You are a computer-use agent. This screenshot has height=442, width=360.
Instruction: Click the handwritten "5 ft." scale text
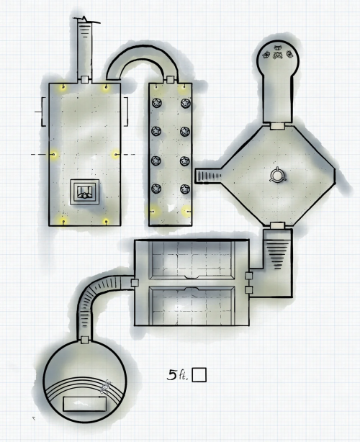click(x=177, y=374)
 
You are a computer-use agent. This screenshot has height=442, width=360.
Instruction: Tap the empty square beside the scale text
click(x=199, y=375)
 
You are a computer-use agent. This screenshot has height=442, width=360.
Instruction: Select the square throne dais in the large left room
click(x=84, y=192)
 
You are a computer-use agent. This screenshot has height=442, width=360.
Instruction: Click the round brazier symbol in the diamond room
click(x=278, y=176)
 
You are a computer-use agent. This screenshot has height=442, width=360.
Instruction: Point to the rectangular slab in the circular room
click(x=85, y=404)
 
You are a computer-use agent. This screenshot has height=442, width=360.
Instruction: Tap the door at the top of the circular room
click(x=84, y=340)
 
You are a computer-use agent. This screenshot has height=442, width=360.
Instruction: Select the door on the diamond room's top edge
click(x=278, y=126)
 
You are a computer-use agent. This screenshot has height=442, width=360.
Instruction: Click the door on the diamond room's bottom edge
click(x=278, y=225)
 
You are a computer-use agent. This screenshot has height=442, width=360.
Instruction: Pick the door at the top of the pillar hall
click(x=170, y=79)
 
